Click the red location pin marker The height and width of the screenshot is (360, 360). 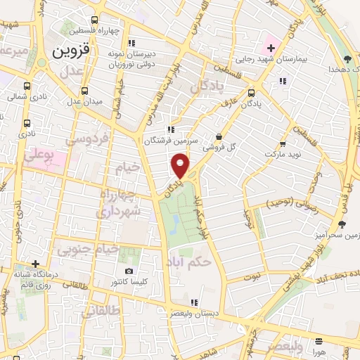pos(181,167)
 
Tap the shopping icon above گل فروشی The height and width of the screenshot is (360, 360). pos(219,136)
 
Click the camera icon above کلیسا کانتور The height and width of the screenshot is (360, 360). pos(129,271)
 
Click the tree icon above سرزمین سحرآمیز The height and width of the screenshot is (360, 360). pos(342,224)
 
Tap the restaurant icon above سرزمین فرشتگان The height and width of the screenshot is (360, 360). pos(170,129)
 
